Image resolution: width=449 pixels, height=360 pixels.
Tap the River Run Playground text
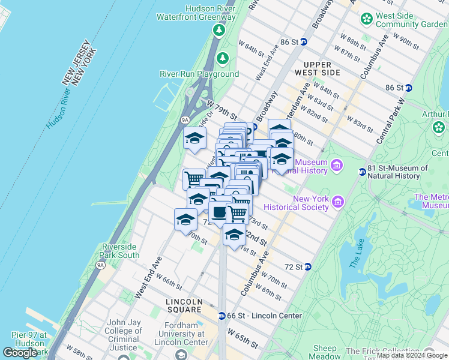[199, 74]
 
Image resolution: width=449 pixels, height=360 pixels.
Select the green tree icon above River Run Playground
[223, 58]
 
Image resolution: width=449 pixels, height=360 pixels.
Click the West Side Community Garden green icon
[366, 20]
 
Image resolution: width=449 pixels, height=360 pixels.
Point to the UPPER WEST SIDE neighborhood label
[322, 68]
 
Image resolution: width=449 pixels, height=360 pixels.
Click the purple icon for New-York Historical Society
[338, 202]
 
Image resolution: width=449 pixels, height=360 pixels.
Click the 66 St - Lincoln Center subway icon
[222, 316]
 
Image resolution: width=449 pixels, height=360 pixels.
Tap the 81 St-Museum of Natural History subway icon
[363, 172]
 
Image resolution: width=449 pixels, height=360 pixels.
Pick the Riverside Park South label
[120, 251]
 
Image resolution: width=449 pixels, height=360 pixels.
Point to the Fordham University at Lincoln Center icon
[179, 356]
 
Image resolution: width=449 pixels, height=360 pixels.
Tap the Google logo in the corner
[20, 353]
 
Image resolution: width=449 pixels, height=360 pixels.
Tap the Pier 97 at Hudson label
[28, 340]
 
